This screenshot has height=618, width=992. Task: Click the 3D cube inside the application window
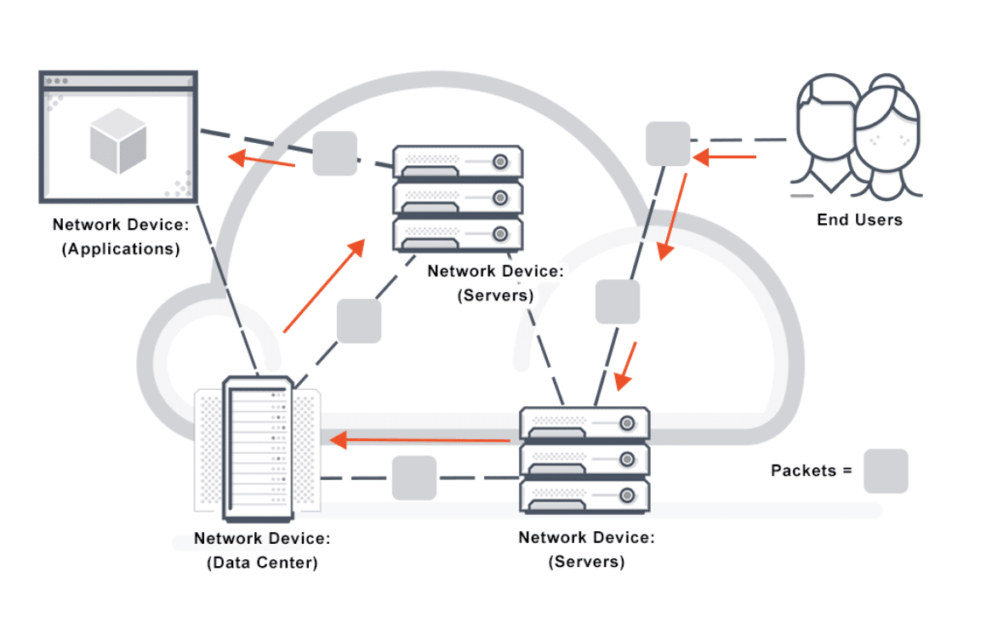[x=118, y=140]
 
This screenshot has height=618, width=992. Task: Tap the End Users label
[x=859, y=220]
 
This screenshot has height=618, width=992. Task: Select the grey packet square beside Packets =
[x=886, y=471]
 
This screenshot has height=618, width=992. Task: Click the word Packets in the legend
[x=803, y=471]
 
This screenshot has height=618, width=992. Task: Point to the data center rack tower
[x=258, y=449]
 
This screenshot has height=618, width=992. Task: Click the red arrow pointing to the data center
[x=420, y=439]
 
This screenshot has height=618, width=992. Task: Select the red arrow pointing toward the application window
[x=261, y=159]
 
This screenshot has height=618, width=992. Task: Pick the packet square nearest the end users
[x=668, y=144]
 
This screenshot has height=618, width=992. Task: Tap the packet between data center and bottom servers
[x=413, y=478]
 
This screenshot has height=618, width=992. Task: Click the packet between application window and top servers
[x=334, y=153]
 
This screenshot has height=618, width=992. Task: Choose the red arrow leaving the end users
[x=724, y=157]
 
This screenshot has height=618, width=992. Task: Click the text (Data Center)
[x=262, y=563]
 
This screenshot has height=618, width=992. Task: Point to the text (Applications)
[x=121, y=249]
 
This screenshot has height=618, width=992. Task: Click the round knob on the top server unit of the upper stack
[x=500, y=162]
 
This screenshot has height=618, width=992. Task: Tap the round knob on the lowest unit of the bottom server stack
[x=627, y=495]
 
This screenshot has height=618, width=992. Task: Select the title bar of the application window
[x=118, y=81]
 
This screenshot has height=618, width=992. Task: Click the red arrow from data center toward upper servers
[x=324, y=285]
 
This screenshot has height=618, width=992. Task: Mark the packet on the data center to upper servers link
[x=359, y=321]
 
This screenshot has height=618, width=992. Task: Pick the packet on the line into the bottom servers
[x=618, y=301]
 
